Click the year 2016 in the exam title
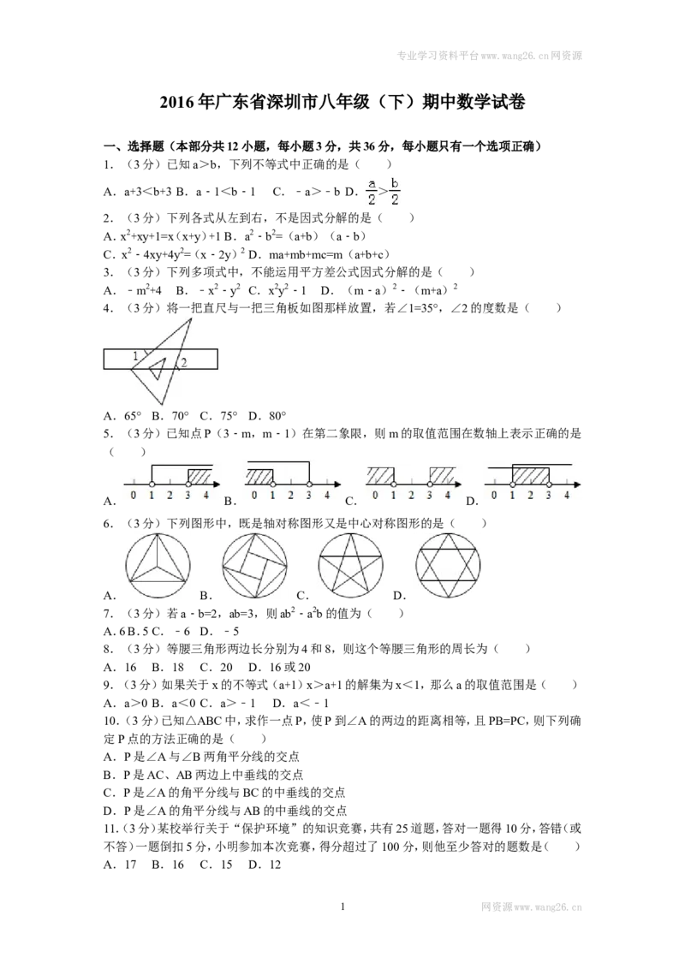point(176,102)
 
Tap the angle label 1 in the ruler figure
point(136,356)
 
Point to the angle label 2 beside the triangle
point(183,363)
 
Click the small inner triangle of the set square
point(157,368)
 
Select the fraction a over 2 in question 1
point(371,192)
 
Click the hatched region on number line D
point(530,475)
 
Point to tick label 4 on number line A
point(205,495)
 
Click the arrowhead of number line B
point(337,484)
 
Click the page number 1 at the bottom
point(342,907)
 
